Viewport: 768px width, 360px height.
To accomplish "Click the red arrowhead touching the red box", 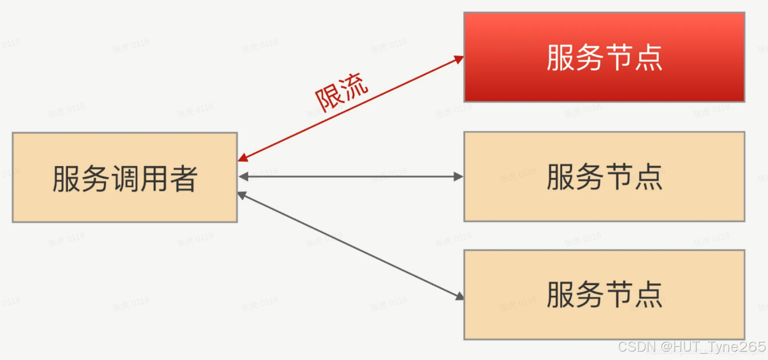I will point(459,60).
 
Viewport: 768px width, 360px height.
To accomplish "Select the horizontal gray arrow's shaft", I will point(351,177).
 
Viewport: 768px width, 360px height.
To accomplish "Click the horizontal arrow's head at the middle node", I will point(459,177).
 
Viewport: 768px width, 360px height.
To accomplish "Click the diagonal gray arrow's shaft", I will point(351,245).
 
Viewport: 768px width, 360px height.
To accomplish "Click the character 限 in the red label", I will point(328,99).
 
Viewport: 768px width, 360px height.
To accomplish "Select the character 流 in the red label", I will point(354,86).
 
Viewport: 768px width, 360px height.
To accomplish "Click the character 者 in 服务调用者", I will point(184,179).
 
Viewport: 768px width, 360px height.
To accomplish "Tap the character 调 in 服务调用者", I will point(125,179).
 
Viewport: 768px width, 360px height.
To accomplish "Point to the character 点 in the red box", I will point(649,58).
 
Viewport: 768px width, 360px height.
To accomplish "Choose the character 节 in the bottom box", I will point(619,295).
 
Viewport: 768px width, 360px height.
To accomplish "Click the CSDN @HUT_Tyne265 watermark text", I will point(691,347).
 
